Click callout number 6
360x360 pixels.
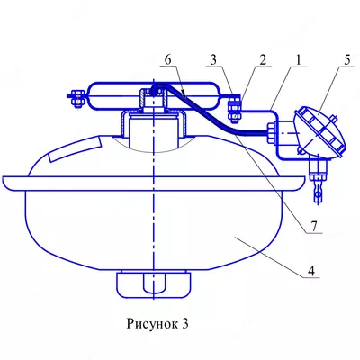tap(167, 60)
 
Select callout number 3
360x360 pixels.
tap(213, 60)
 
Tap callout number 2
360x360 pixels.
tap(263, 60)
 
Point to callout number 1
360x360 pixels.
tap(298, 60)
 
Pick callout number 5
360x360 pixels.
tap(347, 60)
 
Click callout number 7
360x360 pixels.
tap(313, 227)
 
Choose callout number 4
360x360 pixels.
tap(311, 271)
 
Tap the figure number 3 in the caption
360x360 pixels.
tap(184, 324)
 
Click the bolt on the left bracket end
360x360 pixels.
tap(78, 98)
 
